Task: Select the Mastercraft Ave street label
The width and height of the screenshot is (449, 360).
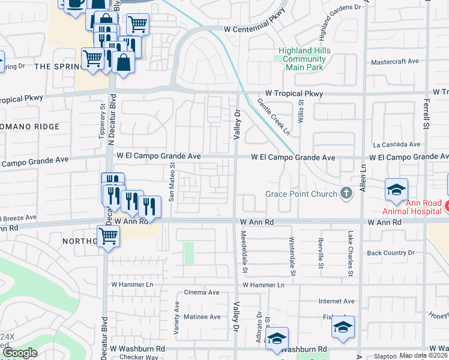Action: coord(394,62)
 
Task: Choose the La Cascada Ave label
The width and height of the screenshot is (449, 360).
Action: coord(397,145)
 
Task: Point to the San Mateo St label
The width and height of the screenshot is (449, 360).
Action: coord(172,183)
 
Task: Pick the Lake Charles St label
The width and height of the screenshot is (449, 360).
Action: coord(349,254)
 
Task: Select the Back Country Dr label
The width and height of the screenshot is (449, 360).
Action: coord(391,253)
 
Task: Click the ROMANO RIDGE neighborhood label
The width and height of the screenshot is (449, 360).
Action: coord(30,127)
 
